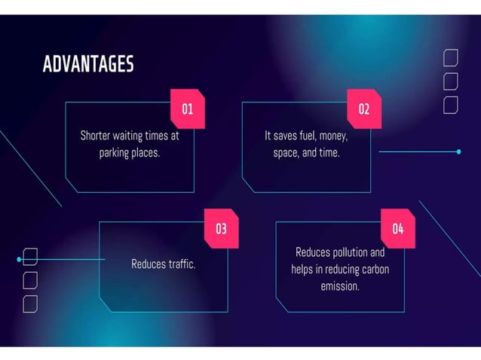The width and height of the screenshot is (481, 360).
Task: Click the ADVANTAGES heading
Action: pyautogui.click(x=88, y=64)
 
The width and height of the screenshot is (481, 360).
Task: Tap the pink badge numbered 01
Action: pyautogui.click(x=188, y=108)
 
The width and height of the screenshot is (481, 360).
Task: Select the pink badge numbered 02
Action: pyautogui.click(x=364, y=108)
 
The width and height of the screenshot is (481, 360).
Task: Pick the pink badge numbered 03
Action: pyautogui.click(x=221, y=228)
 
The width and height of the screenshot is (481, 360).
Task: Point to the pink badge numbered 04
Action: pyautogui.click(x=397, y=228)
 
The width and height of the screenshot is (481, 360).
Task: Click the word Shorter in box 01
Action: pyautogui.click(x=95, y=136)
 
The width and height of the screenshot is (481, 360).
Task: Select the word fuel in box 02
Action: pyautogui.click(x=305, y=136)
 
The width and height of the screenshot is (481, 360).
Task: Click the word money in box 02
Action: pyautogui.click(x=333, y=136)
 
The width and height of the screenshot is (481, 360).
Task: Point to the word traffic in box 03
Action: pyautogui.click(x=180, y=264)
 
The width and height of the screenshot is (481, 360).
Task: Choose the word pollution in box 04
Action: pyautogui.click(x=351, y=252)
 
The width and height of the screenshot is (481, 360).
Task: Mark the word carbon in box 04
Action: pyautogui.click(x=375, y=269)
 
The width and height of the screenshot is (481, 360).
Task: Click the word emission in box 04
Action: pyautogui.click(x=340, y=286)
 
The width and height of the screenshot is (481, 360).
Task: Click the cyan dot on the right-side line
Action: pyautogui.click(x=458, y=151)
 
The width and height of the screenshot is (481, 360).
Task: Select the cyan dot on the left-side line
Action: pyautogui.click(x=19, y=259)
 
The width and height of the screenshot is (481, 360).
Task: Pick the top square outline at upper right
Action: pyautogui.click(x=451, y=57)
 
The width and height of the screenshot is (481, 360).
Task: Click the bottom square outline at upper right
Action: pyautogui.click(x=451, y=105)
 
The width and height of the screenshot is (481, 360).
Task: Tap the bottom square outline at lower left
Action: pyautogui.click(x=30, y=304)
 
